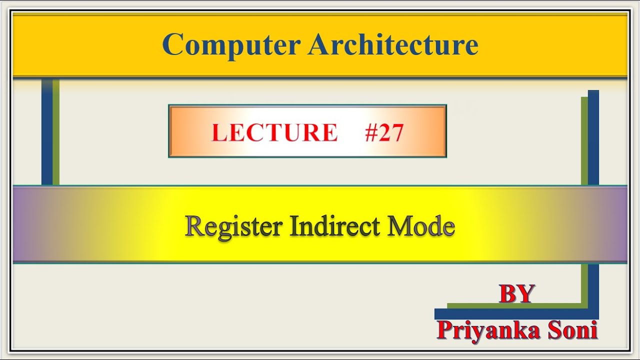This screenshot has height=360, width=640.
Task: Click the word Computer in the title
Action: [231, 45]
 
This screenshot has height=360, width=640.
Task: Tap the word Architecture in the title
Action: [393, 45]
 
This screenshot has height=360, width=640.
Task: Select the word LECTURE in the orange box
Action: [274, 133]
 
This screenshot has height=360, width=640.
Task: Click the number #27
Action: [384, 133]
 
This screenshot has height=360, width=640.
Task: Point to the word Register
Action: [233, 226]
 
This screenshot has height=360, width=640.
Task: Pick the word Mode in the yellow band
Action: [421, 226]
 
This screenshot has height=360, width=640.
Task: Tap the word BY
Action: [517, 294]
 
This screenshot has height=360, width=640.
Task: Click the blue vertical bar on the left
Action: [46, 132]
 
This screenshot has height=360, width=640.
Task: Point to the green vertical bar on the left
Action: [56, 132]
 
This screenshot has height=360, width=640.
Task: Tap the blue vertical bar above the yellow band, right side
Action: [593, 137]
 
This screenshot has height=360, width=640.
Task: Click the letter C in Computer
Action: [172, 45]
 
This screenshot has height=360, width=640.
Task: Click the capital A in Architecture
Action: [318, 45]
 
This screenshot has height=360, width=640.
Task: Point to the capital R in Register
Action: [194, 226]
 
